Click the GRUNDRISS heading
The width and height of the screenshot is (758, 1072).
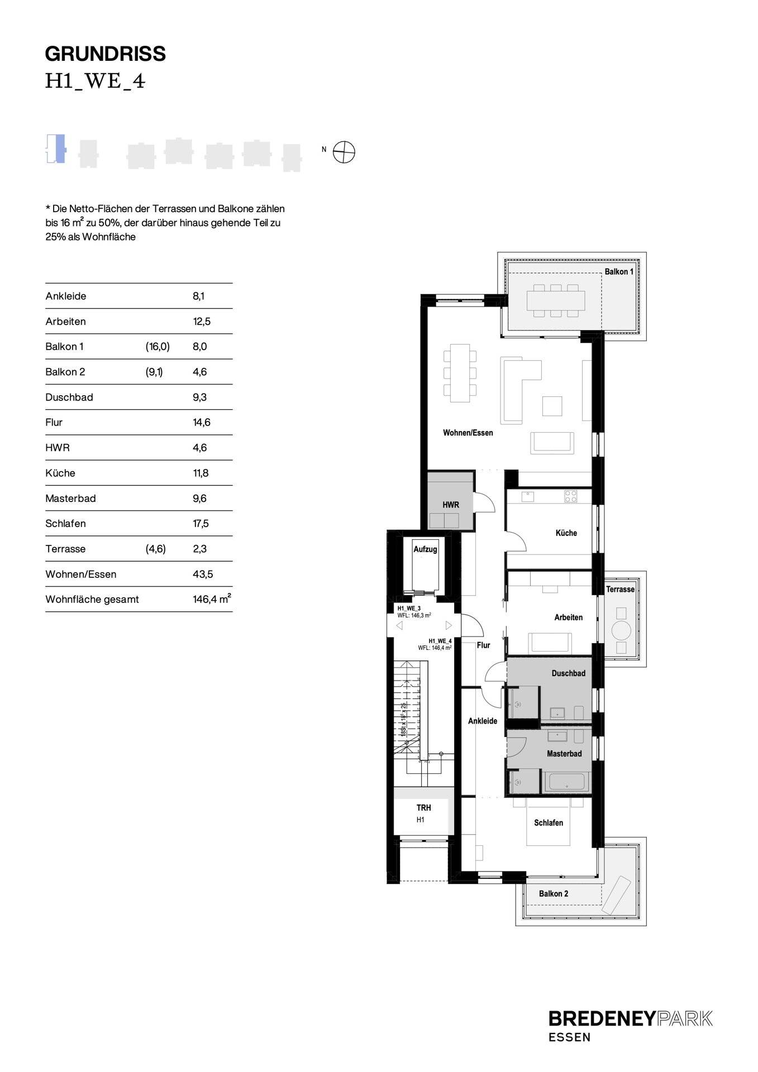click(x=105, y=54)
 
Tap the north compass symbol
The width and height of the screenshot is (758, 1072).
click(x=344, y=152)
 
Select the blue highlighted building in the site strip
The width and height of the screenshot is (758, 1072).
click(x=60, y=149)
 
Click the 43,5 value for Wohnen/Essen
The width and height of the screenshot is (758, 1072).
click(x=203, y=574)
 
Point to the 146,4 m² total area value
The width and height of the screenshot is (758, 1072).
click(x=212, y=599)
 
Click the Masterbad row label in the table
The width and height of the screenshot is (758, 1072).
click(x=70, y=498)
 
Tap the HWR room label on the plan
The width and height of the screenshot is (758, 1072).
click(x=451, y=505)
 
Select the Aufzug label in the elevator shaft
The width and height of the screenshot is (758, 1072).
click(x=425, y=549)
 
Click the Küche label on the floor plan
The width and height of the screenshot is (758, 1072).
click(x=566, y=533)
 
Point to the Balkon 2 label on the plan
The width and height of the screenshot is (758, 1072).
click(x=553, y=893)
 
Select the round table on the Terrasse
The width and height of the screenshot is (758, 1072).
click(x=621, y=630)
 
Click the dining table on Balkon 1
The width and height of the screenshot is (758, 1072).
click(x=555, y=300)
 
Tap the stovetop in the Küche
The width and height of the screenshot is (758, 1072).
click(x=570, y=496)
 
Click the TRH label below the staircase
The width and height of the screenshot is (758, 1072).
click(x=423, y=807)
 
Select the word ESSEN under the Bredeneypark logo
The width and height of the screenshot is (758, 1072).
click(x=569, y=1037)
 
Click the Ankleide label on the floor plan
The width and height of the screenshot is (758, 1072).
click(x=482, y=721)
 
